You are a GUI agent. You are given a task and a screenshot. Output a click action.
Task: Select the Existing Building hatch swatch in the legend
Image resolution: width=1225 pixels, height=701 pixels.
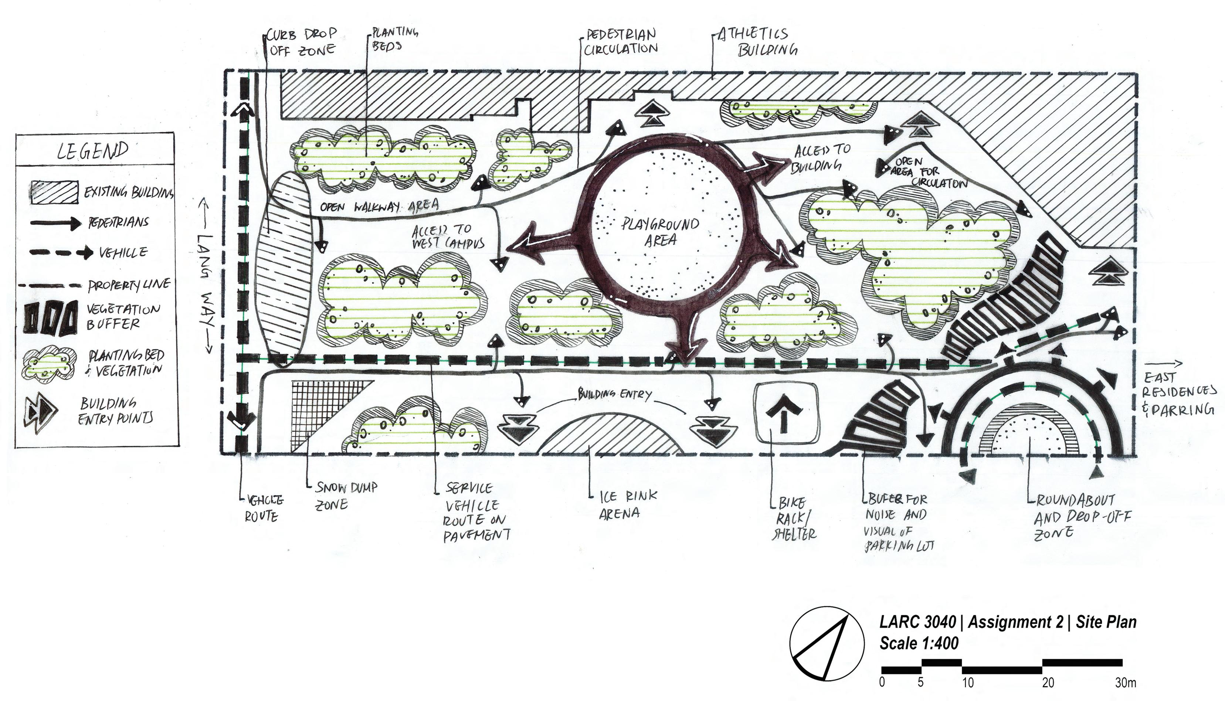pyautogui.click(x=54, y=193)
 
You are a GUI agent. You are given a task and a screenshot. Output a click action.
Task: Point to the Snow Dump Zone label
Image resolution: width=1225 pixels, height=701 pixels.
pyautogui.click(x=345, y=496)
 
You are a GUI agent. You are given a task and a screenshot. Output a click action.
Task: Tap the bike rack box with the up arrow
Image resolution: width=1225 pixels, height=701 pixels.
pyautogui.click(x=785, y=413)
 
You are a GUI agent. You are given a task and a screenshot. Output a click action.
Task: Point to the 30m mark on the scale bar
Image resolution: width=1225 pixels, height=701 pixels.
pyautogui.click(x=1125, y=683)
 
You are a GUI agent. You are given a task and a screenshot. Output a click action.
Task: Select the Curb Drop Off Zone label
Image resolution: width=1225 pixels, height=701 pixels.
pyautogui.click(x=302, y=42)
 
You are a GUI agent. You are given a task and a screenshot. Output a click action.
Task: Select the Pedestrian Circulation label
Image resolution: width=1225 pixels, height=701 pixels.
pyautogui.click(x=621, y=42)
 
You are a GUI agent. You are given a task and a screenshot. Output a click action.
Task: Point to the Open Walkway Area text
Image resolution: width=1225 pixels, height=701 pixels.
pyautogui.click(x=380, y=207)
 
